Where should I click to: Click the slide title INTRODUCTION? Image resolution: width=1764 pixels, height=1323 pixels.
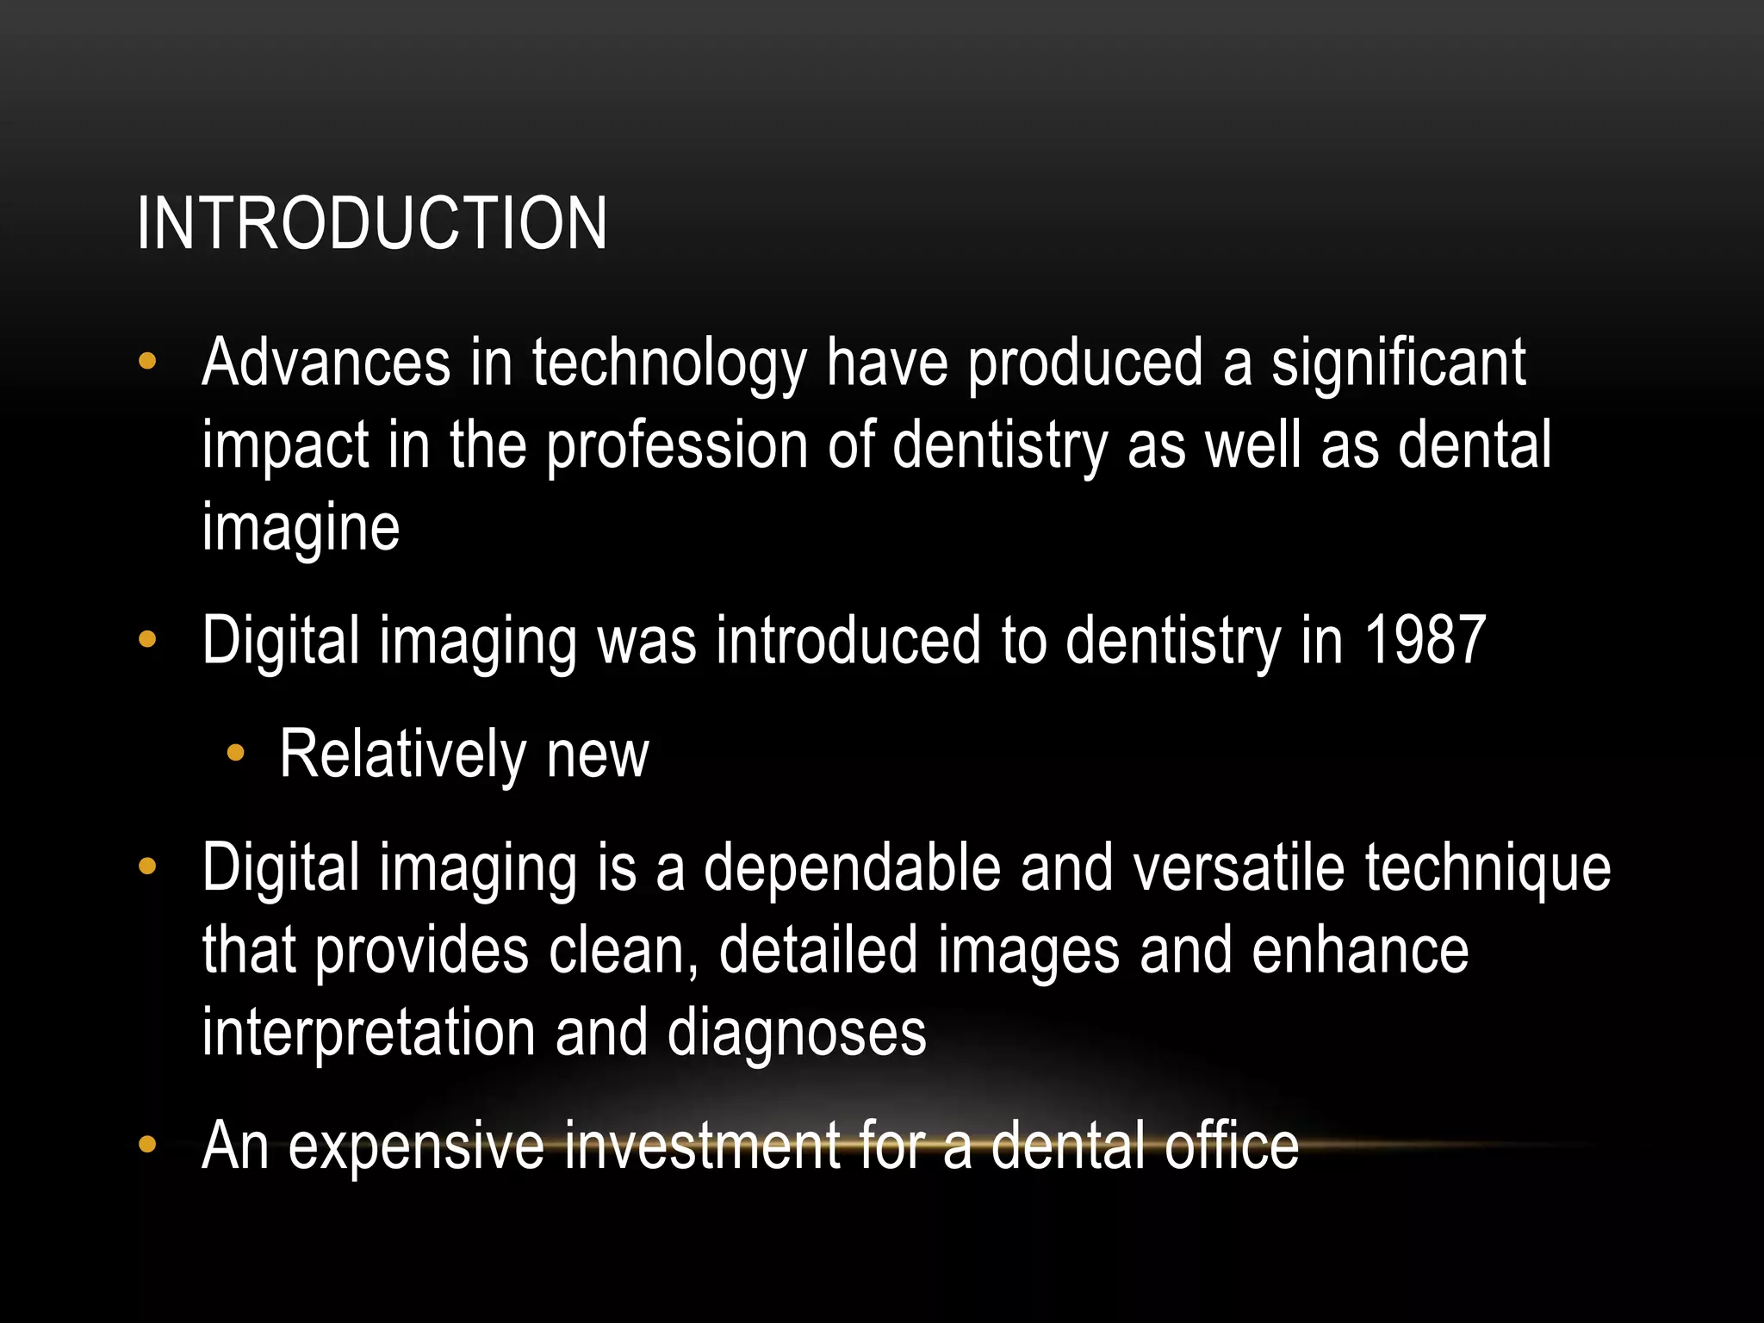tap(372, 223)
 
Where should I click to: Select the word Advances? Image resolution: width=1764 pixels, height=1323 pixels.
tap(326, 363)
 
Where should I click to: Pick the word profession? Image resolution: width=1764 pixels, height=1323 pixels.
tap(677, 446)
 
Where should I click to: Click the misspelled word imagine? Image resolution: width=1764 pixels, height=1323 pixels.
tap(301, 527)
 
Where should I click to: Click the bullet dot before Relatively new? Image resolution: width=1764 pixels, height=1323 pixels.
tap(235, 755)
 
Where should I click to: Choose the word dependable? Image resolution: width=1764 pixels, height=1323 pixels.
tap(852, 867)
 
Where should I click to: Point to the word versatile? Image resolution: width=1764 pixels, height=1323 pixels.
tap(1239, 867)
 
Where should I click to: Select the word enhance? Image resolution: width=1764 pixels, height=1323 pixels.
tap(1360, 950)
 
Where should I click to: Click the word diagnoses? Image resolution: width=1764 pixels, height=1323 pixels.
tap(797, 1033)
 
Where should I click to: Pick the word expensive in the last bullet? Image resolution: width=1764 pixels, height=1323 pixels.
tap(416, 1146)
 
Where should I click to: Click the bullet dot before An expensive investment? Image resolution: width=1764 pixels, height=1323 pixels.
tap(147, 1145)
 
